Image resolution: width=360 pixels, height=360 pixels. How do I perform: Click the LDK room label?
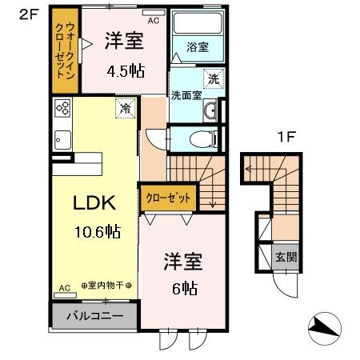94,202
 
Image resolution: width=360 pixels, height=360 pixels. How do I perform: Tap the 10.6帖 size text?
98,232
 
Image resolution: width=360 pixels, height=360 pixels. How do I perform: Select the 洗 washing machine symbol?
213,78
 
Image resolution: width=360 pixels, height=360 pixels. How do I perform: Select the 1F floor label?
286,136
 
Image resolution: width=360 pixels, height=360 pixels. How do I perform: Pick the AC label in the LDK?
65,287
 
